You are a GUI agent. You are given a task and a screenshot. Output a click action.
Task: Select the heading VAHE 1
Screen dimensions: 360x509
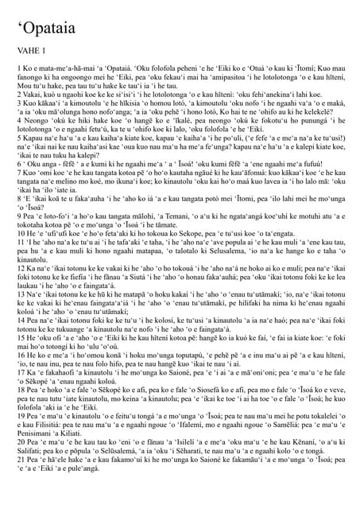click(x=34, y=70)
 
